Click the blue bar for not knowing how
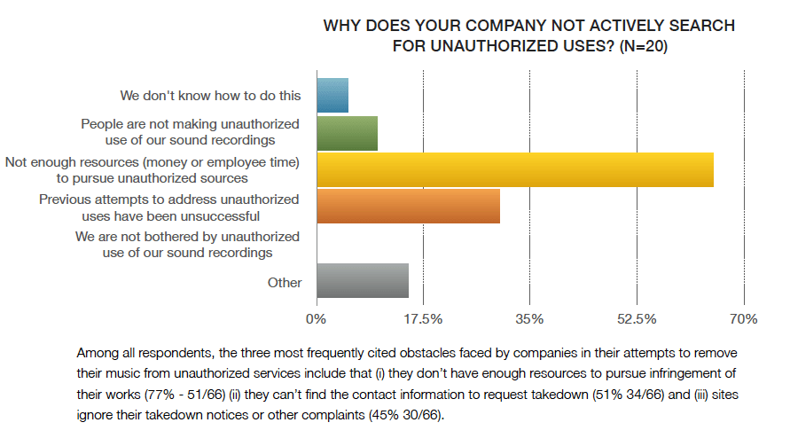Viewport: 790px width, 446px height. pyautogui.click(x=332, y=96)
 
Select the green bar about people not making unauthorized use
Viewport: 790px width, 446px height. pyautogui.click(x=348, y=133)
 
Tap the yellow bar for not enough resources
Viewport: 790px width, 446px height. pyautogui.click(x=515, y=169)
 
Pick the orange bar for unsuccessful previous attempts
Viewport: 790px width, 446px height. pyautogui.click(x=409, y=207)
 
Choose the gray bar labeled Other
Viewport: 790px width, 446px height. pyautogui.click(x=363, y=281)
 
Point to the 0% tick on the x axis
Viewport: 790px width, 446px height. pyautogui.click(x=317, y=318)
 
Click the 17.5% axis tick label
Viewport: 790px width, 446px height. pyautogui.click(x=424, y=318)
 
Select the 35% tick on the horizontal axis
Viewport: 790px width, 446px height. pyautogui.click(x=529, y=318)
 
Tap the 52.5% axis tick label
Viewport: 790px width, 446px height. pyautogui.click(x=637, y=318)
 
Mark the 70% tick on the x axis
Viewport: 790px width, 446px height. pyautogui.click(x=743, y=318)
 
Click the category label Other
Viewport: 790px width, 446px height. pyautogui.click(x=285, y=283)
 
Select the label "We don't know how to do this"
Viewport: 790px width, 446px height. pyautogui.click(x=210, y=95)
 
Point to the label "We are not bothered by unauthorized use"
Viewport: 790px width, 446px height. pyautogui.click(x=187, y=245)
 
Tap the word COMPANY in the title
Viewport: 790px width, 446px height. pyautogui.click(x=513, y=25)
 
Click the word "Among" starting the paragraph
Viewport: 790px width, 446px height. pyautogui.click(x=98, y=352)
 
